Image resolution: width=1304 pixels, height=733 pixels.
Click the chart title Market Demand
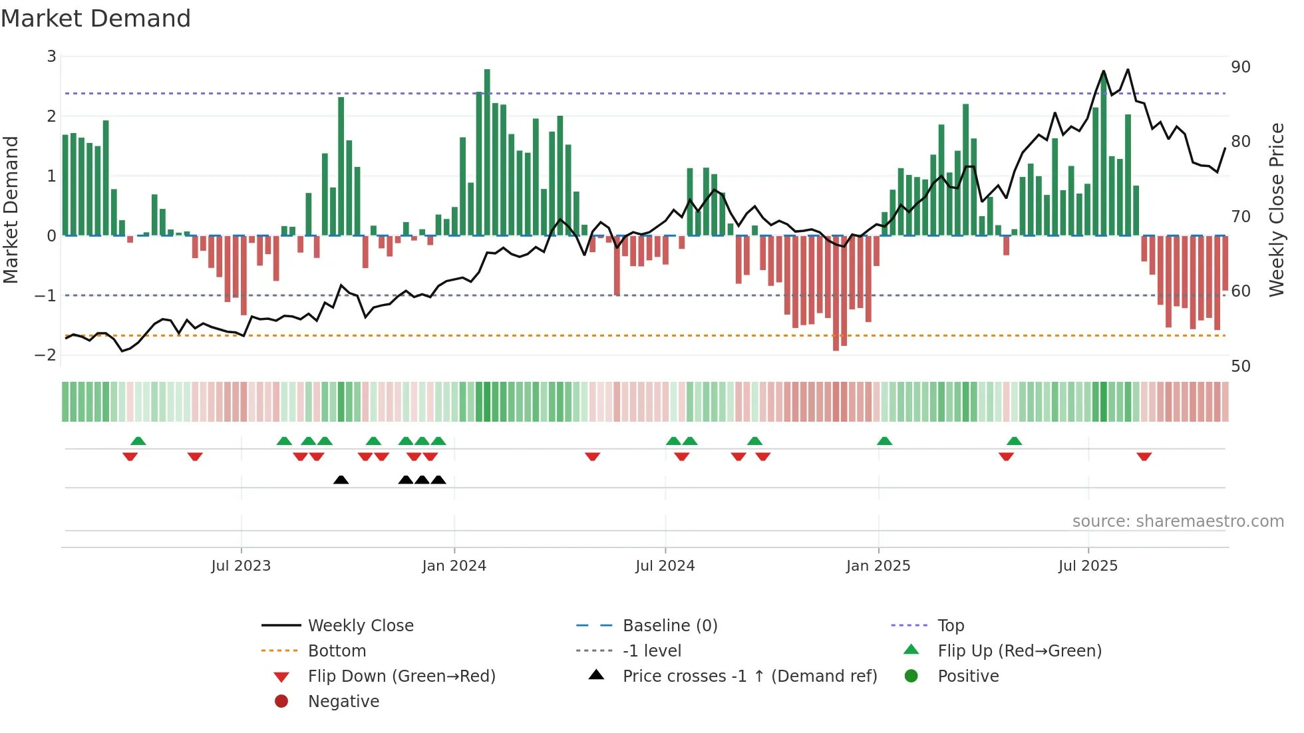(96, 19)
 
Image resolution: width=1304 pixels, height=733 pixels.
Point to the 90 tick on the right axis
(1240, 67)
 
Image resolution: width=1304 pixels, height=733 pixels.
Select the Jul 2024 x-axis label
(665, 566)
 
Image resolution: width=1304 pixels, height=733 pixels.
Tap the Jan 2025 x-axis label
(878, 566)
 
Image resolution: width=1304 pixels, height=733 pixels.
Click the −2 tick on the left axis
(46, 355)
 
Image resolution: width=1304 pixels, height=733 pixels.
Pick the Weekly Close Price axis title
(1276, 210)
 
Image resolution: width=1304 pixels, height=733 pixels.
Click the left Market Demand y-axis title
(11, 210)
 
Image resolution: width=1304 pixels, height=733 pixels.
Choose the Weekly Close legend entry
(360, 626)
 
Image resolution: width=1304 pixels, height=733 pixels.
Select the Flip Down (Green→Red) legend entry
(401, 676)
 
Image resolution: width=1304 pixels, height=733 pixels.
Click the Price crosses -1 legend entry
(749, 676)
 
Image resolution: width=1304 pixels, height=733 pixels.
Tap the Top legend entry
(950, 626)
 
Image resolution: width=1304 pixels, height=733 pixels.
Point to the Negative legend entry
(343, 702)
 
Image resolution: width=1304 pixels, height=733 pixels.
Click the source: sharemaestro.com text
(1178, 521)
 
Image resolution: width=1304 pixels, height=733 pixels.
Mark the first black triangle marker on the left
(341, 480)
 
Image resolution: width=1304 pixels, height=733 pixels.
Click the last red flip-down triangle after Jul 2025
(1144, 456)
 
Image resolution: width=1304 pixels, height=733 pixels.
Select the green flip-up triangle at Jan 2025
(884, 441)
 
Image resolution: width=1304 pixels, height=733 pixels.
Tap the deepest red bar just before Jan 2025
(836, 293)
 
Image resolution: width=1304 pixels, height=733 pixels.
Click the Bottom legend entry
(337, 651)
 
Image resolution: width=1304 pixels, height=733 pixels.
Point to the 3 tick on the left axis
(51, 57)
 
